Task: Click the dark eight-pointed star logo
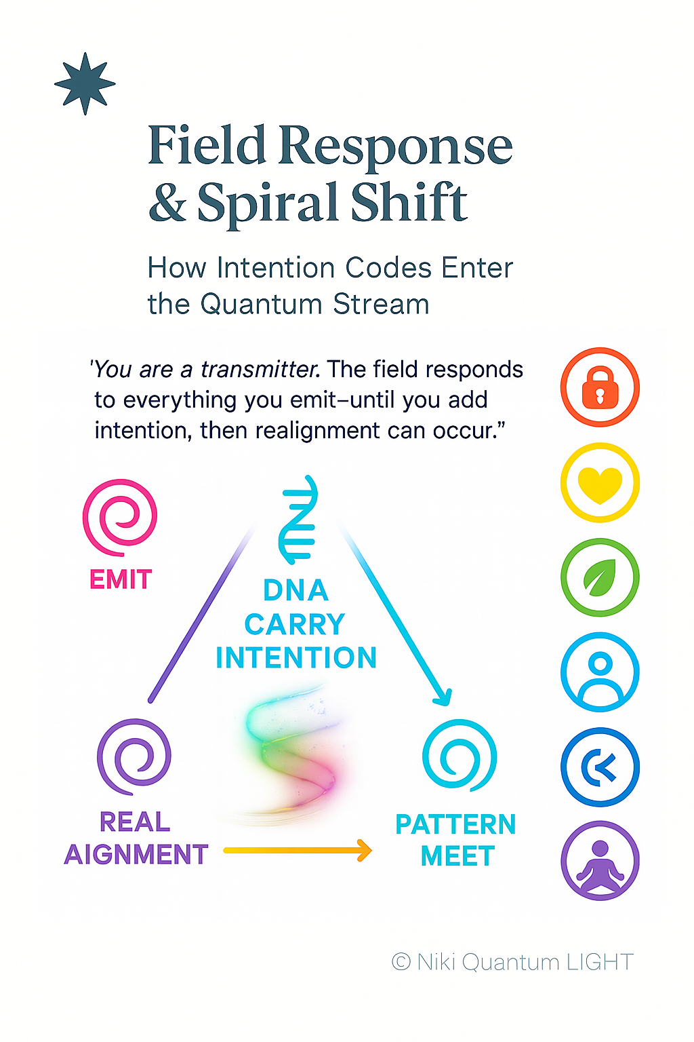tap(85, 83)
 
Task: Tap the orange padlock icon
tap(600, 387)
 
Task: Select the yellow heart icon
tap(600, 483)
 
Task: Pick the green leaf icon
tap(600, 577)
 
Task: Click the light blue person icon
tap(600, 672)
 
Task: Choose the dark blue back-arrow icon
tap(600, 767)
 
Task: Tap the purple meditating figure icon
tap(600, 861)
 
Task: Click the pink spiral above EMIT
tap(120, 517)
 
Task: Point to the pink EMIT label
tap(121, 580)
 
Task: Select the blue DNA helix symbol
tap(299, 520)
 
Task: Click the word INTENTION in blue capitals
tap(296, 658)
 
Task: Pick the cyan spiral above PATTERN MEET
tap(460, 756)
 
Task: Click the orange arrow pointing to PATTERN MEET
tap(298, 850)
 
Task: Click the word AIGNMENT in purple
tap(136, 855)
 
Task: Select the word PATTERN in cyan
tap(455, 825)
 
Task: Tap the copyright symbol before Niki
tap(401, 962)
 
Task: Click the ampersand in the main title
tap(167, 203)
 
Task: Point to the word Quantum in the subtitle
tap(261, 304)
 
